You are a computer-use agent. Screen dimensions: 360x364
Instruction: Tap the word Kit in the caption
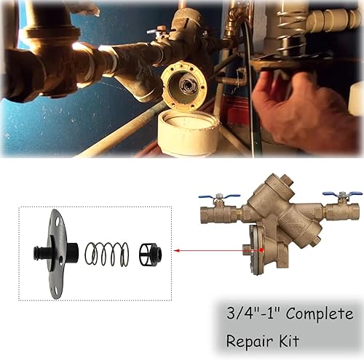288,341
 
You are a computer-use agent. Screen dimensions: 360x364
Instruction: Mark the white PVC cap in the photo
188,132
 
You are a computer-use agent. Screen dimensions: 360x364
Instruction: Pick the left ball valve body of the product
222,213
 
